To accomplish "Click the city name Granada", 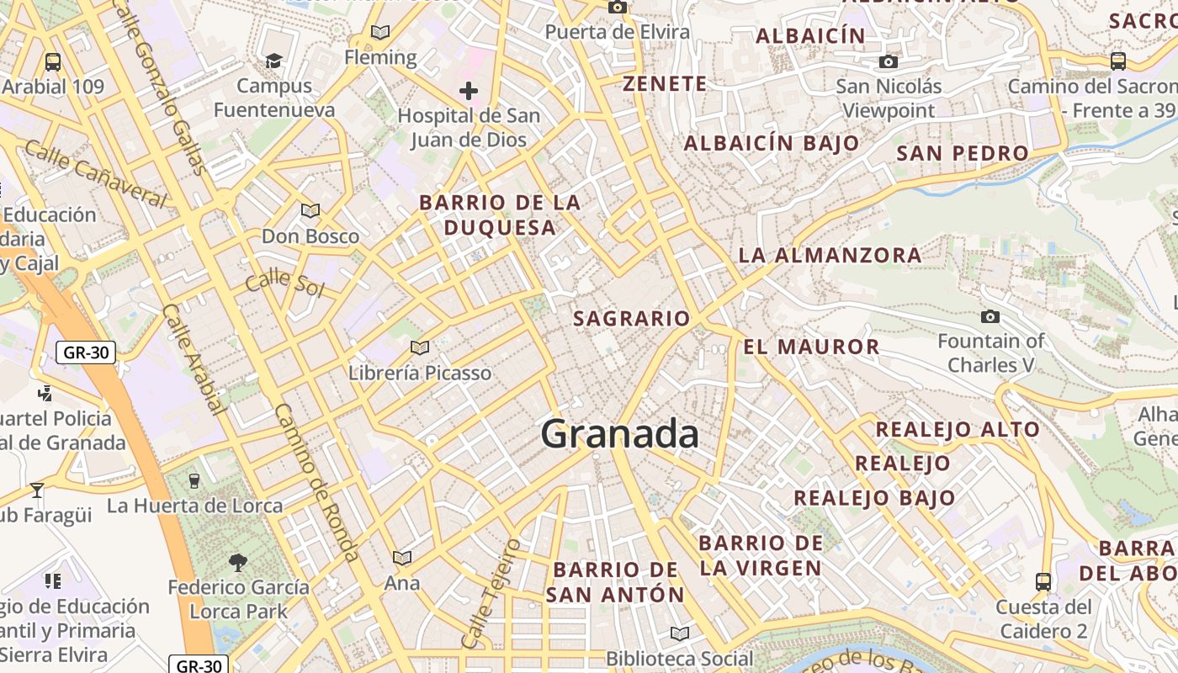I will pos(619,434).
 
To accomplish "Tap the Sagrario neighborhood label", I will pos(631,319).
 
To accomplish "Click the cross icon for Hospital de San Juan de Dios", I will pos(469,90).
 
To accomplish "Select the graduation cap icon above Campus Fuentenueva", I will pos(273,61).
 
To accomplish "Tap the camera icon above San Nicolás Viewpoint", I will pos(888,61).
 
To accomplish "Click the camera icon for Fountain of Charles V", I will pos(990,316).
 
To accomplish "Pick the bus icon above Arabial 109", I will pos(53,61).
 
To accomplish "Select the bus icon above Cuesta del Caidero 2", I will pos(1043,581).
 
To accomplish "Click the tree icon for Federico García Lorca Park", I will pos(238,562).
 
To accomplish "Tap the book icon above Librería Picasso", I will pos(419,347).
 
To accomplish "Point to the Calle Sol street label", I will pos(284,283).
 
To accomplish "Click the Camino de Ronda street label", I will pos(317,481).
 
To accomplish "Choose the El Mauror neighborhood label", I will pos(811,347).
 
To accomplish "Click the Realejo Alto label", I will pos(958,429).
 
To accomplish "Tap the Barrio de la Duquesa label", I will pos(500,215).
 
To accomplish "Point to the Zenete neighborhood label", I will pos(665,83).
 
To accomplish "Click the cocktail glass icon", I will pos(36,490).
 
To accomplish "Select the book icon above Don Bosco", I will pos(310,210).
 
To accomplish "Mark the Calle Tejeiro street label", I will pos(491,593).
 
